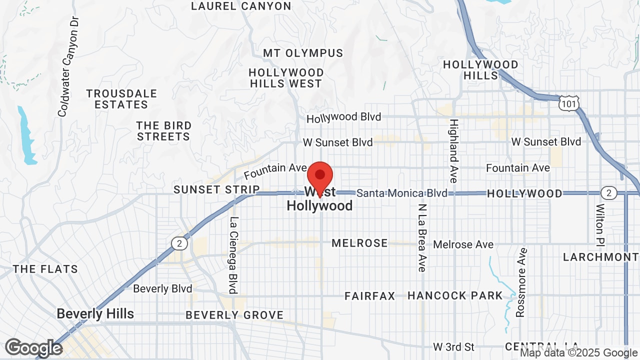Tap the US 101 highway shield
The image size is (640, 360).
[569, 102]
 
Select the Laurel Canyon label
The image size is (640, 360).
[241, 6]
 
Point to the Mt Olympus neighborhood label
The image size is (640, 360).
[303, 53]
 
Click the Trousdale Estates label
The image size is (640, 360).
[121, 99]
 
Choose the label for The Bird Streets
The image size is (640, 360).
[164, 131]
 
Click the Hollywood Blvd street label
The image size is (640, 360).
[344, 117]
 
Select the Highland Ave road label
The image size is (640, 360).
[453, 150]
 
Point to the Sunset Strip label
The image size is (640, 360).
[216, 189]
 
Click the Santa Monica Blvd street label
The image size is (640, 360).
[402, 193]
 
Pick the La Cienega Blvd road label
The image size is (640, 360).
[233, 255]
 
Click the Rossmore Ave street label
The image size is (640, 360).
[521, 282]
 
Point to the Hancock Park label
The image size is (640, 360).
[454, 295]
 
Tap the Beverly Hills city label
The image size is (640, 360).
[95, 314]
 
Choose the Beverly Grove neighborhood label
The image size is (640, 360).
[234, 315]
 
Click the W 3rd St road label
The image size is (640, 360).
[453, 346]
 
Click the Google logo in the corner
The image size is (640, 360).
[33, 348]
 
